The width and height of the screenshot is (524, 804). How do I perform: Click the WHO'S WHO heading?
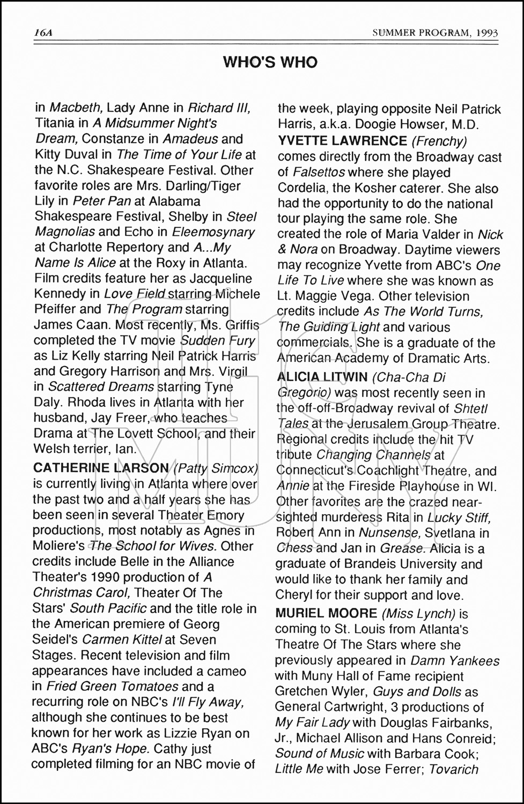point(270,63)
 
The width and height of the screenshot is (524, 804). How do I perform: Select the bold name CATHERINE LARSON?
point(101,468)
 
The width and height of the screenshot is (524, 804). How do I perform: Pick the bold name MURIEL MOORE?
point(326,613)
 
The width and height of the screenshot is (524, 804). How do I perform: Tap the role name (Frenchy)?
point(439,141)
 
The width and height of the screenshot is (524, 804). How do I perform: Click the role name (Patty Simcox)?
point(216,468)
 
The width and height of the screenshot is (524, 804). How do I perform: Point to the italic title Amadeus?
point(190,139)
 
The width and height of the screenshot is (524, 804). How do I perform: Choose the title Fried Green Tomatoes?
point(112,687)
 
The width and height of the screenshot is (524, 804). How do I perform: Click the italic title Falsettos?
point(319,173)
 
